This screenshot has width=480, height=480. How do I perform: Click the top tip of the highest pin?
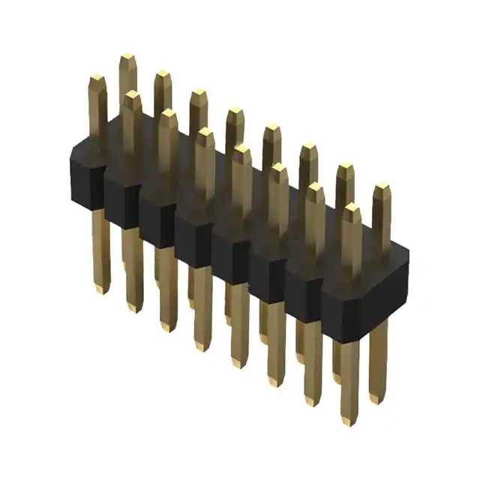click(127, 57)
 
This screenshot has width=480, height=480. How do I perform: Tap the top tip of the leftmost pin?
click(96, 77)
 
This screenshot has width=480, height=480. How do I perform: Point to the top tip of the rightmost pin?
click(382, 185)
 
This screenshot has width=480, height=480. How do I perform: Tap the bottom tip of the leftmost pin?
click(101, 289)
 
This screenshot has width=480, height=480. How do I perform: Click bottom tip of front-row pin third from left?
click(167, 326)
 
